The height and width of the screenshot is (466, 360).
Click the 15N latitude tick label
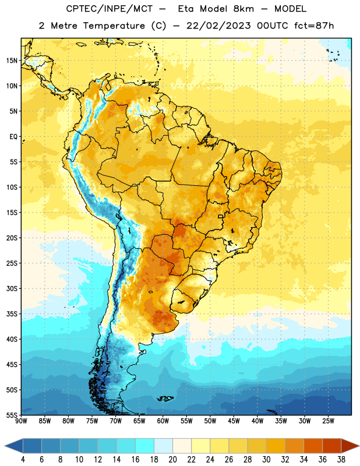point(12,61)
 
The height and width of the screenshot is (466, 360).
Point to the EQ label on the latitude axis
point(13,137)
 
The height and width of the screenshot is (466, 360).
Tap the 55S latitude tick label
point(12,415)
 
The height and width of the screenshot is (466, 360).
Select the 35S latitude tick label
point(12,314)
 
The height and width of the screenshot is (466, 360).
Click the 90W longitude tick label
point(21,421)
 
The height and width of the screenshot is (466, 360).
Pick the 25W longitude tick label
point(328,421)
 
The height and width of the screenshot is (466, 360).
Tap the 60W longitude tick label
point(163,421)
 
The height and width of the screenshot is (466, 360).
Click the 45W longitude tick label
point(234,421)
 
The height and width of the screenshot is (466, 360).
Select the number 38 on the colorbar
point(341,460)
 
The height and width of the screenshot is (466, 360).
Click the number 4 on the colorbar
point(23,460)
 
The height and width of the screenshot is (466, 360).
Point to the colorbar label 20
point(172,460)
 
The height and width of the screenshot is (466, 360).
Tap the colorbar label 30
point(266,460)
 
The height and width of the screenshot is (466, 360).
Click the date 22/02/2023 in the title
point(219,26)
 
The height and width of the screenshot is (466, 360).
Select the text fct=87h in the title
point(314,26)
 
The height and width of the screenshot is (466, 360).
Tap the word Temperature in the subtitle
point(114,26)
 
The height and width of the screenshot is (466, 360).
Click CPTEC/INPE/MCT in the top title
point(110,9)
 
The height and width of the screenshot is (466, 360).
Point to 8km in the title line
point(243,9)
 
